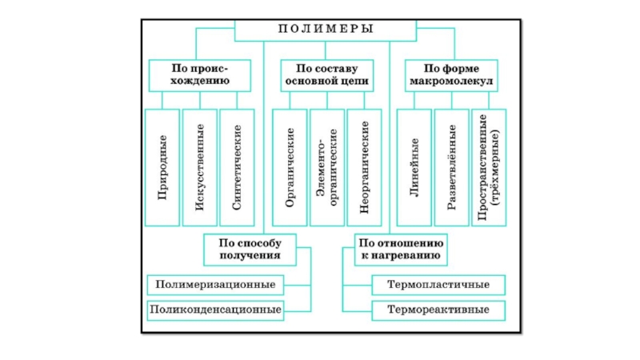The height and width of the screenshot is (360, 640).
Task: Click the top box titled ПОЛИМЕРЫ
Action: [x=326, y=30]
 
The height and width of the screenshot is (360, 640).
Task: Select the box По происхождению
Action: [x=199, y=74]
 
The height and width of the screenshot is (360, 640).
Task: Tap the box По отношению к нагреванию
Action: [x=401, y=248]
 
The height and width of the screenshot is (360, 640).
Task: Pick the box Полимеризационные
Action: [x=216, y=284]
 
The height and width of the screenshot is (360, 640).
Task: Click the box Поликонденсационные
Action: [x=216, y=309]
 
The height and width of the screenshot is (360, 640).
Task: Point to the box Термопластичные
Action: [x=439, y=284]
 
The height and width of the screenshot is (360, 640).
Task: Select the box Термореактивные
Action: [x=439, y=309]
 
